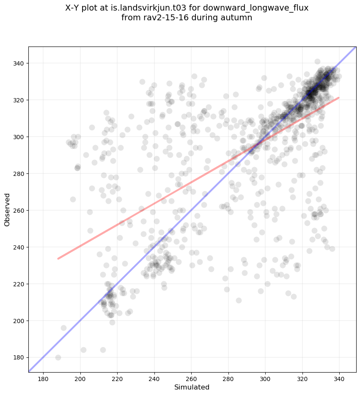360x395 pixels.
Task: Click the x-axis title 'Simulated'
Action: (192, 387)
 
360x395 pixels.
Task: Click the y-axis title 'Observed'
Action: (7, 209)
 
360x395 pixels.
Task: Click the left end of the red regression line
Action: (58, 258)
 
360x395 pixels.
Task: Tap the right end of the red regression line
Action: (339, 98)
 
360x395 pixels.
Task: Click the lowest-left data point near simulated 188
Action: (58, 357)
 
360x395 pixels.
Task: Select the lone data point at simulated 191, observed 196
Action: (63, 328)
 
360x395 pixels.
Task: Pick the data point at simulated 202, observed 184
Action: (83, 350)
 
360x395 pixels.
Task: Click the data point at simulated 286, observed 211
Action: (239, 300)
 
